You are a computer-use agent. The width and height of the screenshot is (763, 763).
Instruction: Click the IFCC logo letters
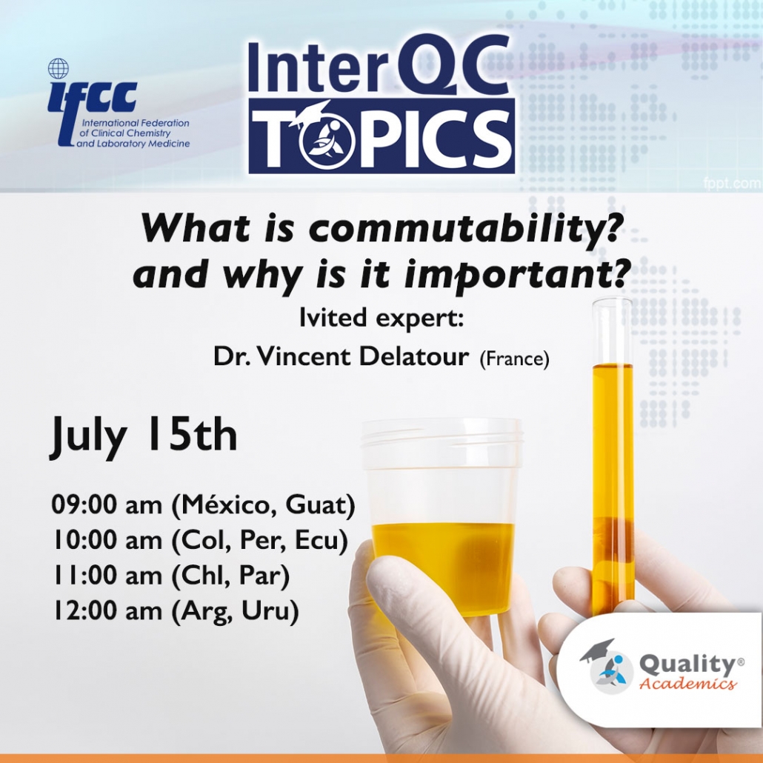pyautogui.click(x=92, y=96)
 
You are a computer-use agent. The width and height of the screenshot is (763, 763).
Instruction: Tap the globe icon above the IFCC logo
pyautogui.click(x=58, y=69)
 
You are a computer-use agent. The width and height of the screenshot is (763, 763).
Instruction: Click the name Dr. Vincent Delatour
pyautogui.click(x=341, y=357)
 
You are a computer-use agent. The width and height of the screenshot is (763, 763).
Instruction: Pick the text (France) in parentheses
pyautogui.click(x=514, y=359)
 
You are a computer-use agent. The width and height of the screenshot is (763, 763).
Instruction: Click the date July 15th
pyautogui.click(x=144, y=436)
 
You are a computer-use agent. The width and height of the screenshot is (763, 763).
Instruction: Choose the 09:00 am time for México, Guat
pyautogui.click(x=107, y=506)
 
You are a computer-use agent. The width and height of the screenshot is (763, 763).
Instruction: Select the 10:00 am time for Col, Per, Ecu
pyautogui.click(x=107, y=542)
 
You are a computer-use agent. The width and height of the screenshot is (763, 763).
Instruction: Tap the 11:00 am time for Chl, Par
pyautogui.click(x=107, y=577)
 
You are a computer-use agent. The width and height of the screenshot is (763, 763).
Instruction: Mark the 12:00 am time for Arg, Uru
pyautogui.click(x=107, y=613)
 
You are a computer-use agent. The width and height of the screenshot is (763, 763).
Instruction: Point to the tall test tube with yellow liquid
pyautogui.click(x=613, y=444)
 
